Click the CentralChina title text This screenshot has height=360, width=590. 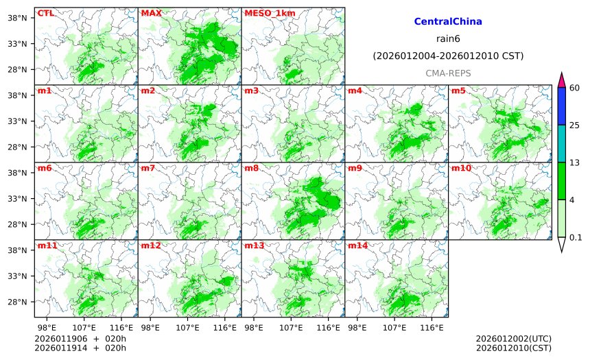pos(448,22)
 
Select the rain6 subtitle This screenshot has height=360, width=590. pos(448,38)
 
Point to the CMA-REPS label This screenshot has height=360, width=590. pos(448,73)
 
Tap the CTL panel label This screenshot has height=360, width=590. pos(45,13)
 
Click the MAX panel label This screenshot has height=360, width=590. pos(151,13)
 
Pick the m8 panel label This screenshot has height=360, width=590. pos(252,168)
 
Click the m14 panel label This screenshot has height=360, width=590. pos(357,245)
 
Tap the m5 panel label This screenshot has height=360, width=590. pos(458,91)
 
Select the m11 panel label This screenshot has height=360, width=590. pos(47,245)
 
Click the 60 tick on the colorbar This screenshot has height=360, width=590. pos(575,87)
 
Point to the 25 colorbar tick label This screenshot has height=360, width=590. pos(575,125)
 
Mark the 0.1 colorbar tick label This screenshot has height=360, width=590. pos(576,238)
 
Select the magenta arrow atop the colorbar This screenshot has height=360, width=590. pos(561,79)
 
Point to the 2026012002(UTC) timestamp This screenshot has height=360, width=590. pos(513,339)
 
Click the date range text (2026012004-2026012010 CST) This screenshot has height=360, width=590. pos(448,56)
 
